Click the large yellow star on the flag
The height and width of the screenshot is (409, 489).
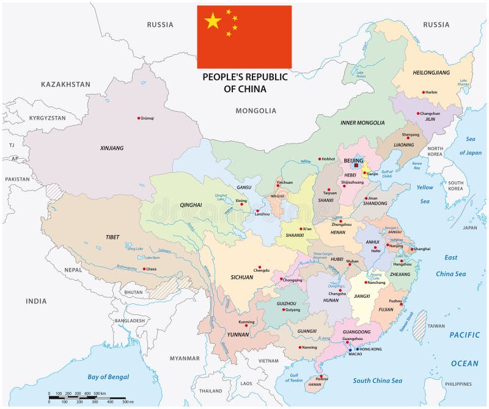click(x=213, y=22)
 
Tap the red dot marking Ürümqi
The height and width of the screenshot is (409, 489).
click(x=138, y=118)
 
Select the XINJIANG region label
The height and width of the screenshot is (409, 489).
click(x=112, y=148)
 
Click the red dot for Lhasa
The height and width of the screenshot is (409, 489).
click(x=145, y=269)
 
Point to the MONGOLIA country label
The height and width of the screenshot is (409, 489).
click(x=256, y=111)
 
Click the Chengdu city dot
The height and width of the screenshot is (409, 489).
click(x=260, y=267)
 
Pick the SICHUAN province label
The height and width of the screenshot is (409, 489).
click(x=242, y=277)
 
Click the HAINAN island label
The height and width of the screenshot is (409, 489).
click(x=314, y=385)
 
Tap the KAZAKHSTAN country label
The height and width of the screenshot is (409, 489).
click(x=65, y=84)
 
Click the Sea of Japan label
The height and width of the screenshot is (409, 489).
click(x=470, y=145)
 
